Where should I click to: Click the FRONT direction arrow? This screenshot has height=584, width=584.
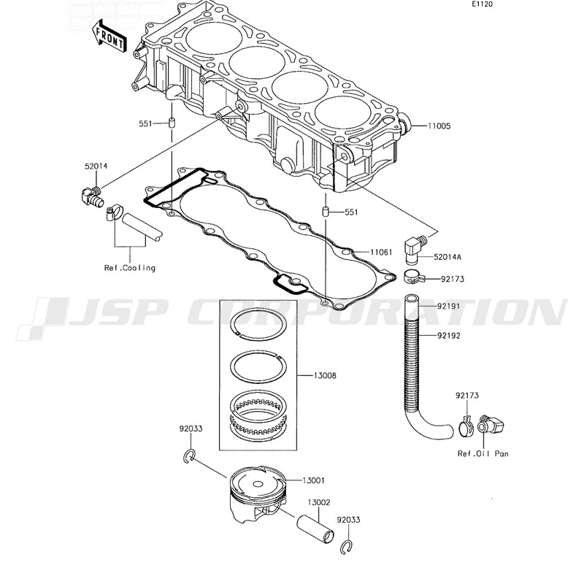pyautogui.click(x=109, y=37)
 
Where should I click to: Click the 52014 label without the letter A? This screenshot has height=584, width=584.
pyautogui.click(x=96, y=166)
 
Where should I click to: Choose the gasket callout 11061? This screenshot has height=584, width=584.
pyautogui.click(x=381, y=252)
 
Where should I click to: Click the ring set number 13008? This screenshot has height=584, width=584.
pyautogui.click(x=325, y=376)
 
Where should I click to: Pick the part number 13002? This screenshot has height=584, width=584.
pyautogui.click(x=318, y=502)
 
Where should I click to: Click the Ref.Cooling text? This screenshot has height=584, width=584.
pyautogui.click(x=129, y=268)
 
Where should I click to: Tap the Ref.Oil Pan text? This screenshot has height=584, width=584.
pyautogui.click(x=483, y=453)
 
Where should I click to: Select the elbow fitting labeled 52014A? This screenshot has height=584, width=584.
pyautogui.click(x=415, y=246)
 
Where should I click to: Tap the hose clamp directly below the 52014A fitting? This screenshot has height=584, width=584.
pyautogui.click(x=412, y=277)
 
